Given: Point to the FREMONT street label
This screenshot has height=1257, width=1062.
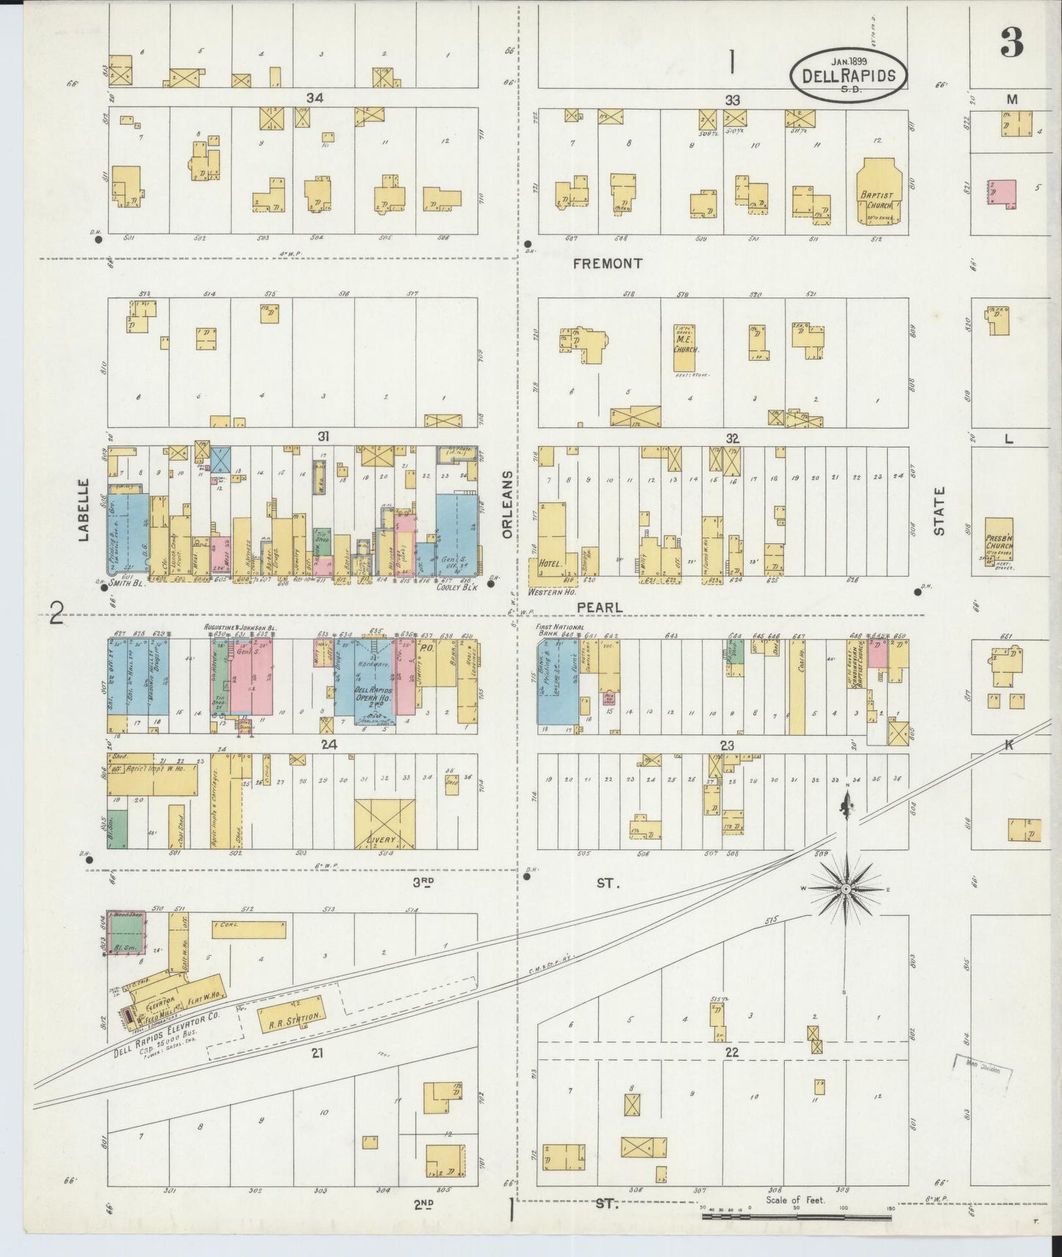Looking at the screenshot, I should pos(607,263).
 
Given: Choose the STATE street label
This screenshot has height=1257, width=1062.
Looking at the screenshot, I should pos(939,510).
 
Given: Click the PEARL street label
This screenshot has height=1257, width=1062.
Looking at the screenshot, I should pos(599,608).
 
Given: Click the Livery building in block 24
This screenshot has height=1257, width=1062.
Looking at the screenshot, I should pos(384,825).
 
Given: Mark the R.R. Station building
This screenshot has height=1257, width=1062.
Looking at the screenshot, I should pos(291,1018).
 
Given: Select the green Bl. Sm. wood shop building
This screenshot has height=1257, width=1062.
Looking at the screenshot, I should pos(126,933).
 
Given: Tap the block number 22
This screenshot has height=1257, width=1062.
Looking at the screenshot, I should pos(731,1052).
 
